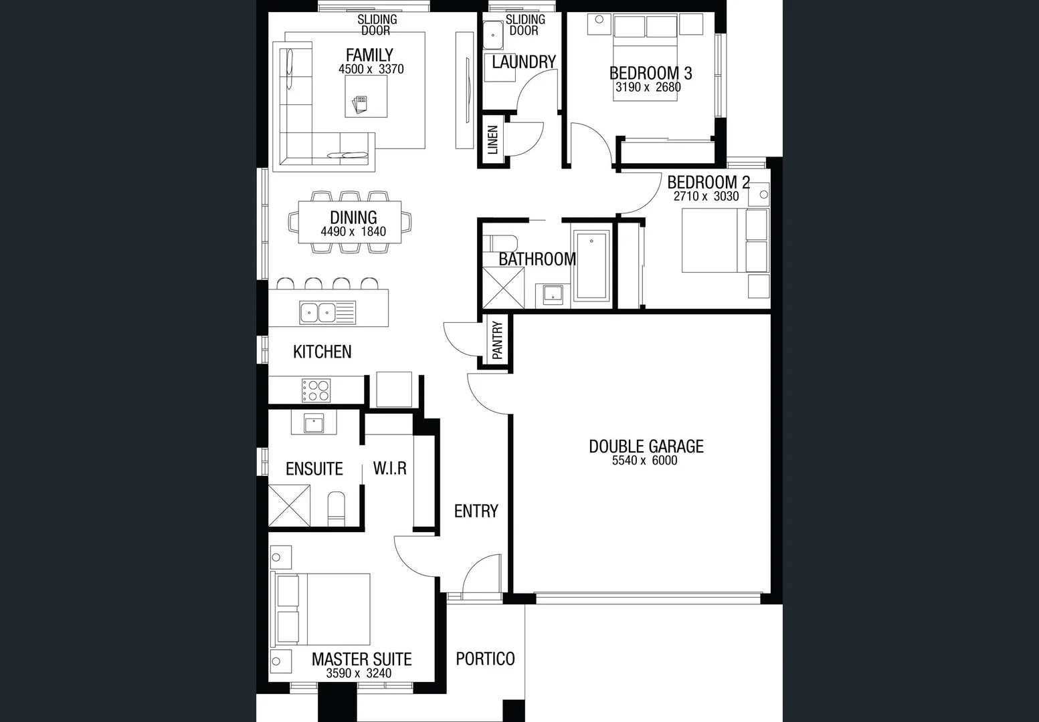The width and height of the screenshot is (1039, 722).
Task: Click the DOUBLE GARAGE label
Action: tap(646, 446)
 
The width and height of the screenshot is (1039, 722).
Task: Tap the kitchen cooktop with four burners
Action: tap(316, 390)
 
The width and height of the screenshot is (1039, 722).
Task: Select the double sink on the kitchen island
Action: tap(318, 312)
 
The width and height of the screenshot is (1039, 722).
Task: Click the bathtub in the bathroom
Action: tap(592, 265)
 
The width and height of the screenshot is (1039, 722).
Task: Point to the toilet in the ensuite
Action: tap(337, 509)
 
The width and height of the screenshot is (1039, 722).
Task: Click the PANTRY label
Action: tap(497, 341)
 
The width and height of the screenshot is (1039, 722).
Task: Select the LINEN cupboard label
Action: tap(493, 140)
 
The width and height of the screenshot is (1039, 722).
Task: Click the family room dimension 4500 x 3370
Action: tap(371, 69)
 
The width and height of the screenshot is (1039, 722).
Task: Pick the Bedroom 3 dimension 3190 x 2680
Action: tap(648, 87)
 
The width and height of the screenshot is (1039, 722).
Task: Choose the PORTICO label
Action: tap(485, 658)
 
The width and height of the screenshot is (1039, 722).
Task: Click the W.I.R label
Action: tap(390, 468)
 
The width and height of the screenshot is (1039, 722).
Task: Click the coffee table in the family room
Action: tap(366, 96)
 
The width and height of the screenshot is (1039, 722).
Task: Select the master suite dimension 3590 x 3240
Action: tap(359, 673)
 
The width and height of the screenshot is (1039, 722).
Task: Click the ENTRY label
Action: tap(476, 511)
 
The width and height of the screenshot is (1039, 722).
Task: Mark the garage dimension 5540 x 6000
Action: tap(644, 461)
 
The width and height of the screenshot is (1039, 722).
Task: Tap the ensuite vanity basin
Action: tap(313, 423)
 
